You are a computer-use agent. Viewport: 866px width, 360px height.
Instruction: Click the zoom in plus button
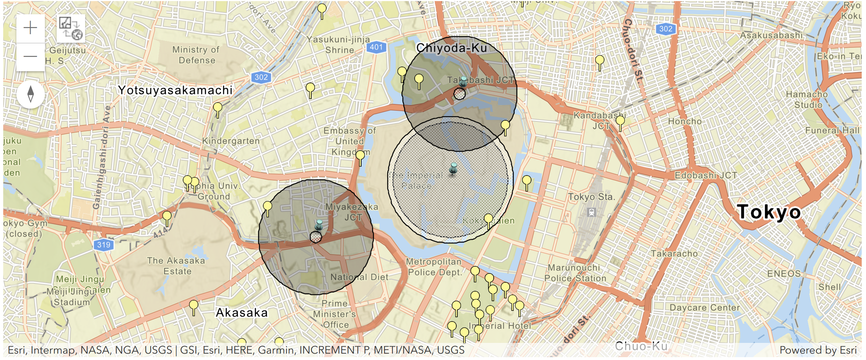click(x=30, y=28)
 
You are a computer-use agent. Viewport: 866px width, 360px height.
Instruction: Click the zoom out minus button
click(x=30, y=56)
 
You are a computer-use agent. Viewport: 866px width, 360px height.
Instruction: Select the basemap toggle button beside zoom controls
click(x=71, y=28)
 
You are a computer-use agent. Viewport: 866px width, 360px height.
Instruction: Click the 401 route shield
click(x=376, y=47)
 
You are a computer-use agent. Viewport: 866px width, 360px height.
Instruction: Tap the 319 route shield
click(x=104, y=245)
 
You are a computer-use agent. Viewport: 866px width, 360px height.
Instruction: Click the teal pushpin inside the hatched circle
click(x=453, y=168)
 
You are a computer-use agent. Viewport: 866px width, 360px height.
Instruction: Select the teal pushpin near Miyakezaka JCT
click(x=319, y=225)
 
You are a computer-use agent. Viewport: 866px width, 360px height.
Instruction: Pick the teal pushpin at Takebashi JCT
click(x=463, y=82)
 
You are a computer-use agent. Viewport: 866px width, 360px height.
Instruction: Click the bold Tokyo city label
click(x=769, y=212)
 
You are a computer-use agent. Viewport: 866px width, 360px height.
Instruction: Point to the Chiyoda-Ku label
click(x=451, y=48)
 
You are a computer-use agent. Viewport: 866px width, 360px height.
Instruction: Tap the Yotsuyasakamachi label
click(x=175, y=90)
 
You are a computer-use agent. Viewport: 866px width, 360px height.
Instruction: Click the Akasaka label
click(x=242, y=313)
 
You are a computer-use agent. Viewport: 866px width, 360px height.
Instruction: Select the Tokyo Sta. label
click(x=591, y=197)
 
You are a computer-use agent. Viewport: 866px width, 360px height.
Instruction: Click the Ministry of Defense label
click(x=196, y=55)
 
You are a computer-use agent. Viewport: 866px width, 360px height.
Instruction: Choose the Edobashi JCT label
click(x=706, y=175)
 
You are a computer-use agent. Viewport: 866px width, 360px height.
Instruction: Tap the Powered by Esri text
click(x=818, y=350)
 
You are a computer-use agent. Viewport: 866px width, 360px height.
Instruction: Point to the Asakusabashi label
click(x=771, y=35)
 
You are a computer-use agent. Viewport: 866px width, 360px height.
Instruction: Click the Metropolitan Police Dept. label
click(x=434, y=267)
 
